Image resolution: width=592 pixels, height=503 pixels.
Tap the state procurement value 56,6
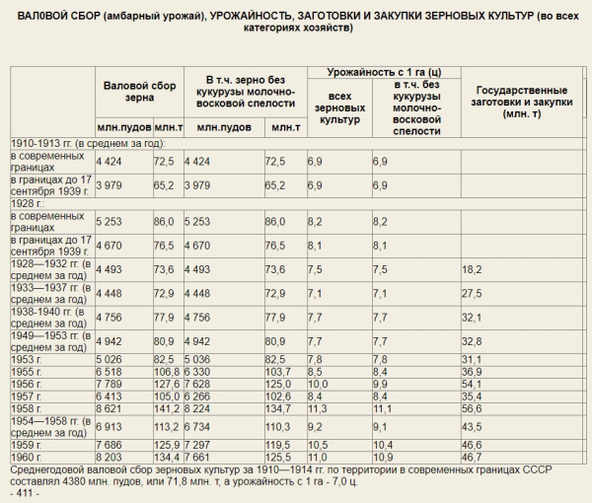pos(473,407)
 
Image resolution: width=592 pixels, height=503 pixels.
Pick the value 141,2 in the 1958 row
pos(166,407)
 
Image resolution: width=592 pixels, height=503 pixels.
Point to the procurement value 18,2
pos(472,268)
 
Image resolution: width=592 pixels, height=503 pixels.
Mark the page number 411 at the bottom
pos(24,492)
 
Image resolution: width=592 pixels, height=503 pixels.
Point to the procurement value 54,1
pos(473,384)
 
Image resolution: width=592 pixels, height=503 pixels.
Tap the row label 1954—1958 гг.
pos(49,426)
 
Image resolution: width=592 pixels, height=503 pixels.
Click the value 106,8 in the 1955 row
pos(167,371)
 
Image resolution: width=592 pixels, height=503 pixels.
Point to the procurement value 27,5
pos(472,293)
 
